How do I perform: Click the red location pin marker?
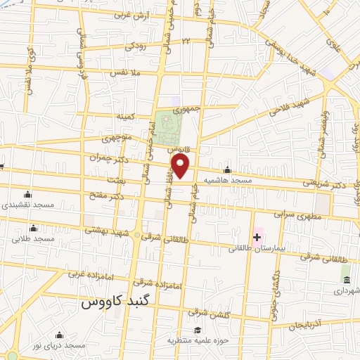[181, 167]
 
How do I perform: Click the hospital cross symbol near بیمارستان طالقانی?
[257, 238]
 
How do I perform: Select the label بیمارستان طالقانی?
[257, 248]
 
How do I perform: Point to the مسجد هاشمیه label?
[227, 180]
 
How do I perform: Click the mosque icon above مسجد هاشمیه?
[227, 169]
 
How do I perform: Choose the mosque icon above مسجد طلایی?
[33, 228]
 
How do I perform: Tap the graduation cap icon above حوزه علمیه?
[198, 330]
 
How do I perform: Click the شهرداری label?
[346, 290]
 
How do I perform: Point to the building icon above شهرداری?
[346, 279]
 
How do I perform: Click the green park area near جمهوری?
[168, 127]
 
